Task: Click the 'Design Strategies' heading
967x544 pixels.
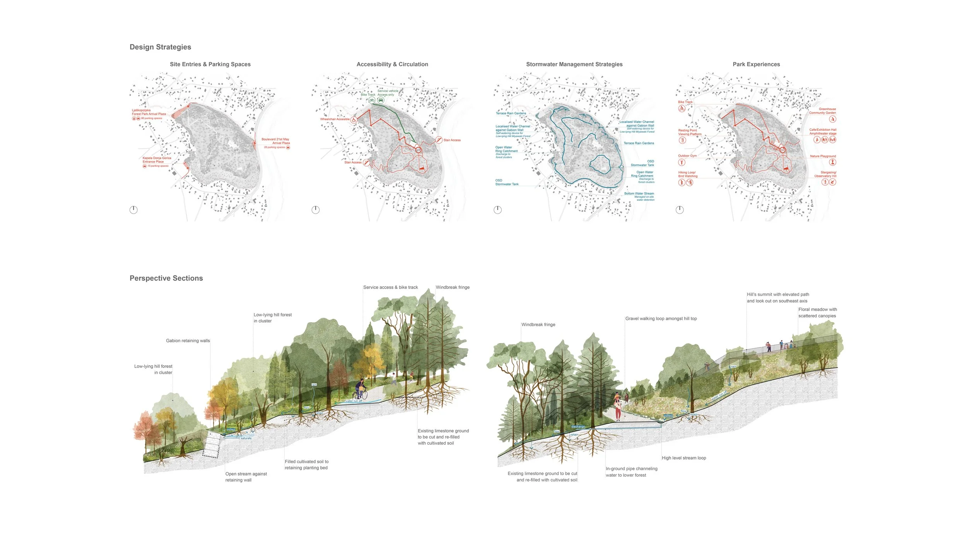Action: (160, 47)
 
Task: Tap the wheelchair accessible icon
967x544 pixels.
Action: (354, 120)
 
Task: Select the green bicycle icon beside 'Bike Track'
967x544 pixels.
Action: (372, 100)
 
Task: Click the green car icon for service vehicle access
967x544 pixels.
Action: (381, 100)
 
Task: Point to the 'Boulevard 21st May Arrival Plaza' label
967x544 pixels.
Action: (275, 141)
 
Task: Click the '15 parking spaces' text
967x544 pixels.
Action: (158, 166)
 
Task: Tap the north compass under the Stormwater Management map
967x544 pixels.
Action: (497, 210)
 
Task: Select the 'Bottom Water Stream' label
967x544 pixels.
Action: (639, 193)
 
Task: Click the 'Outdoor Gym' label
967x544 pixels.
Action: (687, 156)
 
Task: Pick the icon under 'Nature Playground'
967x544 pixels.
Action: (832, 162)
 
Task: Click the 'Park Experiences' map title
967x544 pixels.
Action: (756, 64)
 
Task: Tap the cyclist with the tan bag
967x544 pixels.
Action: (361, 390)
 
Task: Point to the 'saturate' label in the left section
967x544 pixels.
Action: (246, 438)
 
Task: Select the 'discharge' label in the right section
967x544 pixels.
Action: (578, 427)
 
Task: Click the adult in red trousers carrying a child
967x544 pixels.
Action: (618, 409)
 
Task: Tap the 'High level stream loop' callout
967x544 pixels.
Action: (684, 458)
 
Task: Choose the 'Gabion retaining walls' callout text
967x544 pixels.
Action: (188, 341)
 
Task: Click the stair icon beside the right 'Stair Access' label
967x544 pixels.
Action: (439, 140)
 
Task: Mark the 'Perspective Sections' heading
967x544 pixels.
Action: (166, 278)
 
